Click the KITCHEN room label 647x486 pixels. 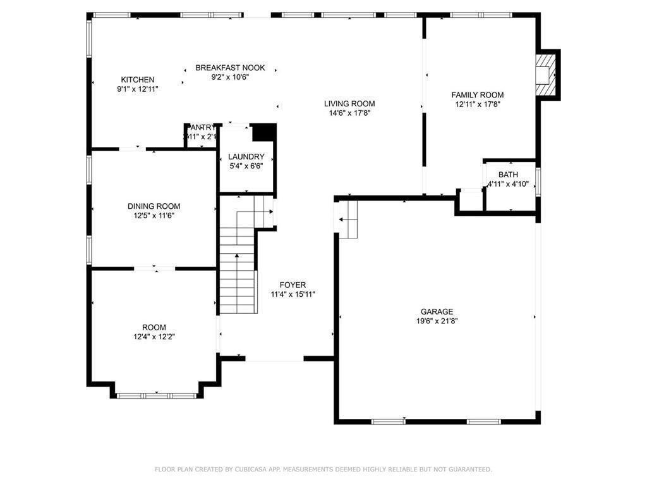137,80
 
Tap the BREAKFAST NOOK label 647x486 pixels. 230,68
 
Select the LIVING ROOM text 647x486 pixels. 349,104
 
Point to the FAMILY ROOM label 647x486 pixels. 477,95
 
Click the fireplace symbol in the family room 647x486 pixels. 545,75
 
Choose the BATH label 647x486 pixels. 507,175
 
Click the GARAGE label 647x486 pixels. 437,311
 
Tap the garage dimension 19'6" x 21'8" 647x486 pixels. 437,321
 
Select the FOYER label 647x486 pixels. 293,285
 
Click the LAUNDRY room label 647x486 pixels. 246,156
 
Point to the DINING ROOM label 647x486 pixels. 154,206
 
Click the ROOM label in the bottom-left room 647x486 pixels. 154,327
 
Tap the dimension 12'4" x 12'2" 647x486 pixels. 154,337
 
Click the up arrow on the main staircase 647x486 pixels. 237,257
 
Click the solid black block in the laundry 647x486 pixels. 263,132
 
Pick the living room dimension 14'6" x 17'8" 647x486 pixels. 349,113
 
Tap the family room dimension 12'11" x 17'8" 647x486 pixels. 477,104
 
